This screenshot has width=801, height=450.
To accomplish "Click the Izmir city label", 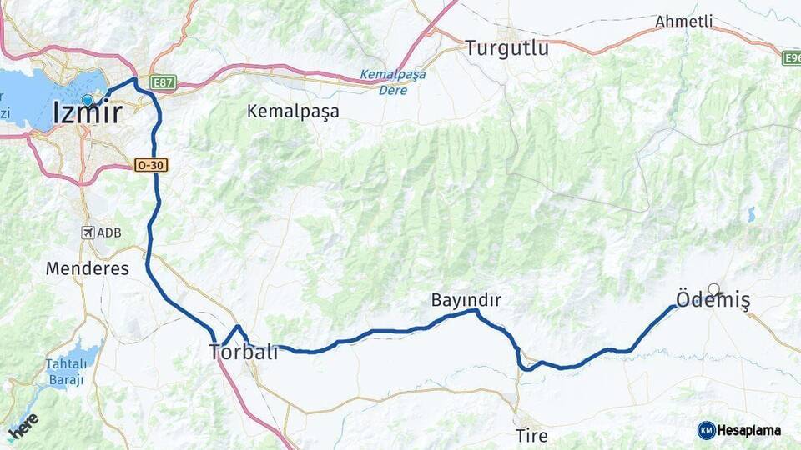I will coord(87,113).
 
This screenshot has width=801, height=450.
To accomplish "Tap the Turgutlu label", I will coord(507,47).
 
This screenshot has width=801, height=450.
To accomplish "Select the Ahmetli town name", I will coord(684,22).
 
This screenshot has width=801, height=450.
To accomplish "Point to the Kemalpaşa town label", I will coord(293,111).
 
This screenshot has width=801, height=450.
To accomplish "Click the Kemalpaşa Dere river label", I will coord(392,82).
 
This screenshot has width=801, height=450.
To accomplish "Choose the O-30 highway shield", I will coord(150,166).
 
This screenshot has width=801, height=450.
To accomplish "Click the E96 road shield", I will coord(792,58).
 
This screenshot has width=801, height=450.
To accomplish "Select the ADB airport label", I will coord(109,232).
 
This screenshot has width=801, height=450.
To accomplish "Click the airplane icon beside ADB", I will coord(88,232).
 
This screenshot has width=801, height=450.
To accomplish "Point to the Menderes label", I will coord(88,268).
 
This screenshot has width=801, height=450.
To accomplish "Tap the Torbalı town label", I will coord(243,353).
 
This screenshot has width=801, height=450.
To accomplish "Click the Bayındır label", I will coord(466,299).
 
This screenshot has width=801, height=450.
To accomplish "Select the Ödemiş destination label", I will coord(712,302).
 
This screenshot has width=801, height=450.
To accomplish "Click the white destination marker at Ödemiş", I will coord(713,289).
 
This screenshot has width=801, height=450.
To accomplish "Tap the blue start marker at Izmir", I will coord(87,100).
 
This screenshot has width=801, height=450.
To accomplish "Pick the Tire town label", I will coord(531,435).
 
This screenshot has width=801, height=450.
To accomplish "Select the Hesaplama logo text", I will coord(749,430).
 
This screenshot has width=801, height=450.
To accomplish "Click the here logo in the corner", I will coord(23,425).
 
